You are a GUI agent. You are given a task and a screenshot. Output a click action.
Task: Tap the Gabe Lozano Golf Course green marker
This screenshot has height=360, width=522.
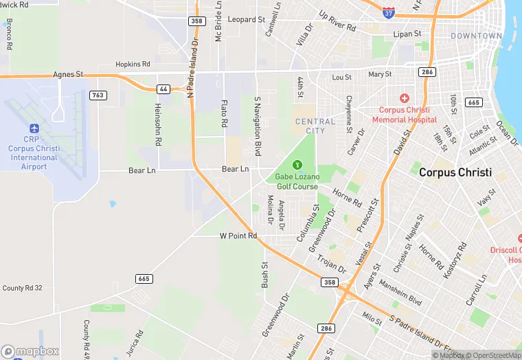297,164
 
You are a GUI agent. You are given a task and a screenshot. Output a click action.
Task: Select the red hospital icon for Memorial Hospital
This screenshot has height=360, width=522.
405,98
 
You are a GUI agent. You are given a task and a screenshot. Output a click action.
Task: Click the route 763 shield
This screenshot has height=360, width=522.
98,95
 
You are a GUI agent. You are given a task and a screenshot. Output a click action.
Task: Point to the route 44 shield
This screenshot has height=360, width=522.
163,89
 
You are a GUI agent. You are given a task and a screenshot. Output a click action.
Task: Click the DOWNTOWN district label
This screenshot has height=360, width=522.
477,36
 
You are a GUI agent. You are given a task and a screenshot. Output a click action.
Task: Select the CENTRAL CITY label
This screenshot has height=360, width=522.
315,126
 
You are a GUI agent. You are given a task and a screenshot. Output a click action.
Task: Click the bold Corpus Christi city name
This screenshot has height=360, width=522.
455,172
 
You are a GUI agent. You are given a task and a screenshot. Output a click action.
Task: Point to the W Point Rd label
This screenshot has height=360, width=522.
238,236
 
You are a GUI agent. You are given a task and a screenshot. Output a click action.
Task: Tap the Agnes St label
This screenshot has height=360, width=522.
68,74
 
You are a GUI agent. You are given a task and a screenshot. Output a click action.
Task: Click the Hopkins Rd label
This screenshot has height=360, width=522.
133,64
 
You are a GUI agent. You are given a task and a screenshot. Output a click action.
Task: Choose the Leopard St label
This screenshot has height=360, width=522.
246,20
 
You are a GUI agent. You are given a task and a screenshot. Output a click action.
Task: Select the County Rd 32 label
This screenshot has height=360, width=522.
23,289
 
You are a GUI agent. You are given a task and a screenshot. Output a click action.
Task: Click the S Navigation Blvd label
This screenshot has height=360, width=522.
258,125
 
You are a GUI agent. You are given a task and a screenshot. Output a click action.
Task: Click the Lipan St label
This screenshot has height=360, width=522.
407,34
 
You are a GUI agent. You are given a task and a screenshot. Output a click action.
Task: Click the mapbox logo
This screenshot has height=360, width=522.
31,351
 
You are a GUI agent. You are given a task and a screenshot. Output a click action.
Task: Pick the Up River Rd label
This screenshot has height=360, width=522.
337,21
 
